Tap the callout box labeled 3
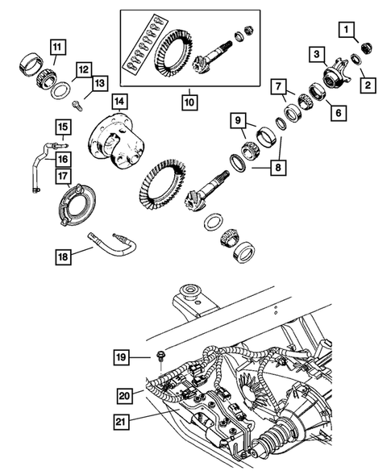point(318,55)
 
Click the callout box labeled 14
point(120,102)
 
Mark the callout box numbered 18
point(61,256)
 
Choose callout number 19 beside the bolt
point(120,355)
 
